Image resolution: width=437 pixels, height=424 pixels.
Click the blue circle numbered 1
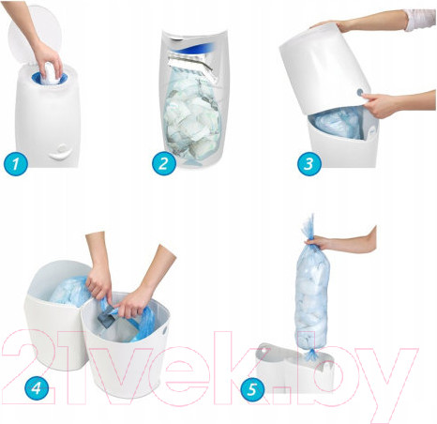coord(16,163)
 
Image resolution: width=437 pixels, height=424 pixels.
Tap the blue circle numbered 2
coord(164,163)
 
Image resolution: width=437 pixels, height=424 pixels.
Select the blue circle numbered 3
coord(309,163)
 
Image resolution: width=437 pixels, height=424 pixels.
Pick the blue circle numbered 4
coord(37,388)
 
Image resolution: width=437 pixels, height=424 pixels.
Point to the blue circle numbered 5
coord(252,389)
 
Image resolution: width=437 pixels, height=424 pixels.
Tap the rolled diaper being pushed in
coord(50,74)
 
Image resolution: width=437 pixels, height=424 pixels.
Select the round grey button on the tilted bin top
coord(360,92)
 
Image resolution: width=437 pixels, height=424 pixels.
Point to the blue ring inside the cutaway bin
coord(195,50)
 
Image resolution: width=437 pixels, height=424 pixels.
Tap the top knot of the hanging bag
coord(308,228)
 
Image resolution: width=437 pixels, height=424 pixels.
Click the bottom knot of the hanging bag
coord(311,355)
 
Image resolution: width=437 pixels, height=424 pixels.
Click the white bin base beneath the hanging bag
coord(293,368)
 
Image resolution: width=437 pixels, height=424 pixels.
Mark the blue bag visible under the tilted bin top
coord(337,123)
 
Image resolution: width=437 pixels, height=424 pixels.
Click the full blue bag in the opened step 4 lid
coord(69,293)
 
